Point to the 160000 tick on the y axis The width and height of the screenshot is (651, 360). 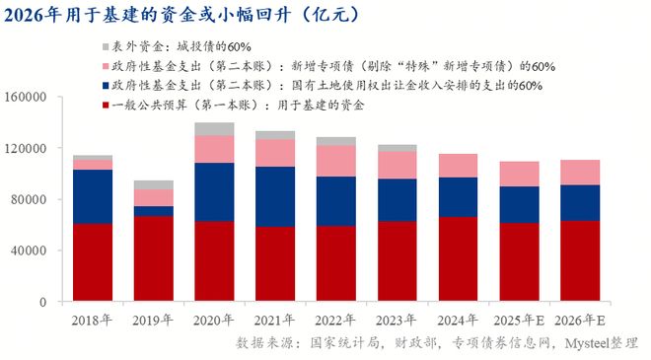[26, 98]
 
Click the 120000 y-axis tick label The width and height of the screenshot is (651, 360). [26, 148]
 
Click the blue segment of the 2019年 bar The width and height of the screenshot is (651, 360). [153, 211]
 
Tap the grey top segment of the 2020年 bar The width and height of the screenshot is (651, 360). [214, 129]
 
